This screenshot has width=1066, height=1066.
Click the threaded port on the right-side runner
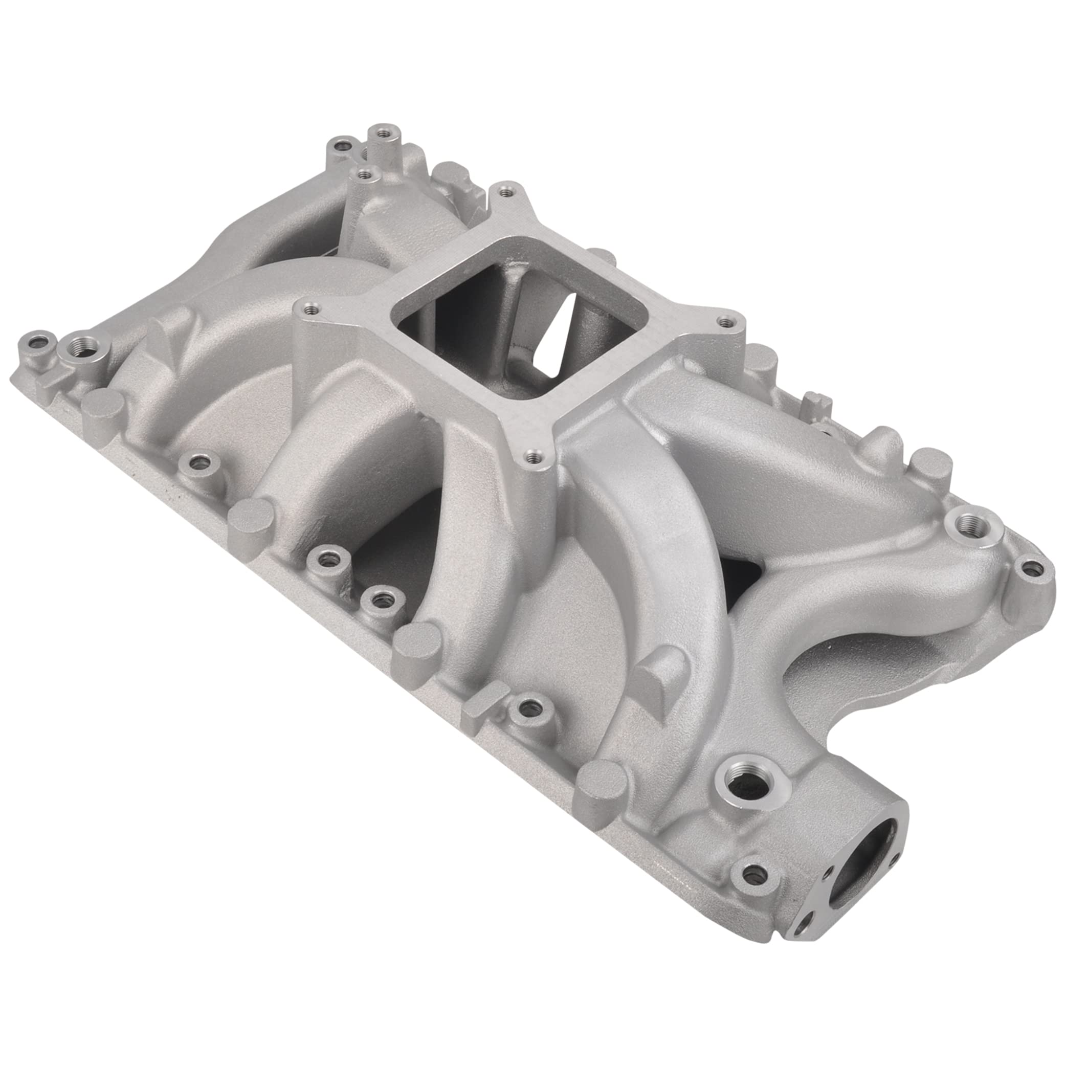[972, 524]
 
